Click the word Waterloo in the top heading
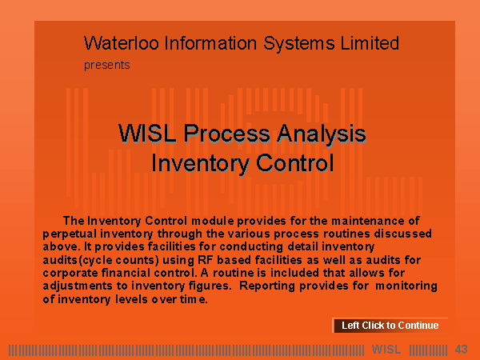[x=122, y=43]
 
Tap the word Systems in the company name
[x=299, y=43]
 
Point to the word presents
[x=107, y=66]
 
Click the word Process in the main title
[x=227, y=134]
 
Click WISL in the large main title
[x=147, y=134]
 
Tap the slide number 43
[x=461, y=350]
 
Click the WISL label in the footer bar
[x=386, y=350]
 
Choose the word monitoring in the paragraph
[x=406, y=286]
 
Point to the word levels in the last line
[x=132, y=299]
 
